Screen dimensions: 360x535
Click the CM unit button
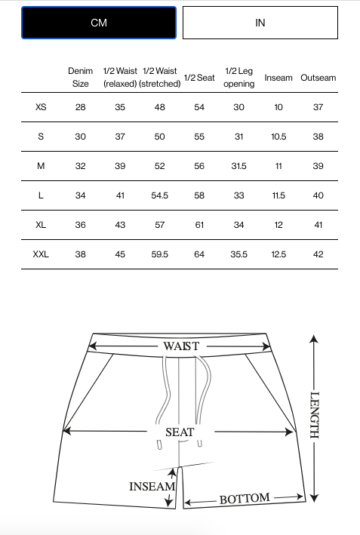coord(99,23)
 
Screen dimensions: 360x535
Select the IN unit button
coord(260,23)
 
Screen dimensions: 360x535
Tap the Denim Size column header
coord(81,77)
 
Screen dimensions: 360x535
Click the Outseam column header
coord(318,78)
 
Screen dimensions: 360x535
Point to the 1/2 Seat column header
coord(199,78)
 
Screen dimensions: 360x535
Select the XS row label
coord(41,107)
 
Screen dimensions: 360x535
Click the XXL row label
coord(41,254)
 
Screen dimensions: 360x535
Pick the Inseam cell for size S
coord(278,137)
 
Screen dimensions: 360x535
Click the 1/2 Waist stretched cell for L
coord(160,195)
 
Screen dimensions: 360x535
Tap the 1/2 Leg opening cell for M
coord(238,166)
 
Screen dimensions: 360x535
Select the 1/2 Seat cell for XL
coord(199,225)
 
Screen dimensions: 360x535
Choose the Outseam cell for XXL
coord(318,254)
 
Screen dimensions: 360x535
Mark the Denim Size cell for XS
coord(81,107)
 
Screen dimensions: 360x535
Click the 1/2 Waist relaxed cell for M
coord(120,166)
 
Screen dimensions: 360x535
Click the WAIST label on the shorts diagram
coord(181,346)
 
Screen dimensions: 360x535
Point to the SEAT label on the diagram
coord(180,432)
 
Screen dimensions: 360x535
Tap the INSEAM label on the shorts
coord(152,487)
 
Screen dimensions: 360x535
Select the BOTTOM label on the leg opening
coord(245,499)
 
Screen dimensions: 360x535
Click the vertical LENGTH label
coord(314,415)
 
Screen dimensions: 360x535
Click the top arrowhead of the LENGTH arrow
coord(314,338)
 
